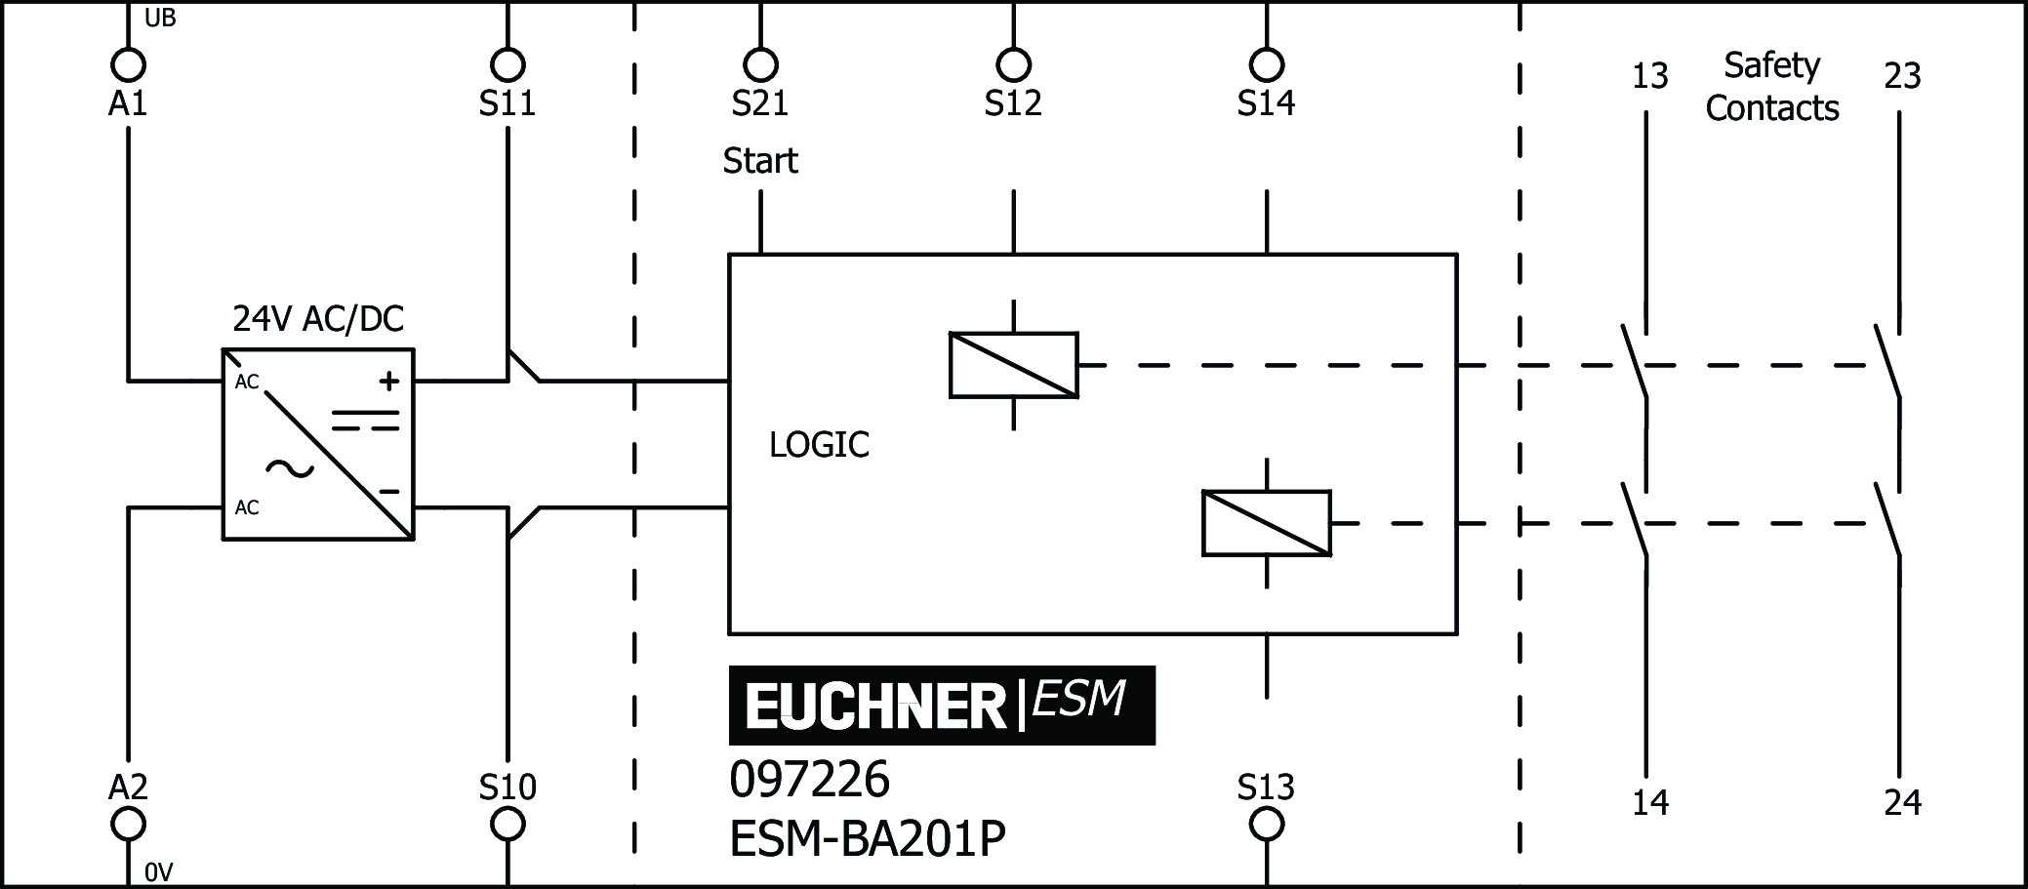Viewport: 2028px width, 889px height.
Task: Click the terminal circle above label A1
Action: [x=127, y=65]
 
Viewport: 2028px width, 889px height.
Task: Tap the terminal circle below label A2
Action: [x=127, y=825]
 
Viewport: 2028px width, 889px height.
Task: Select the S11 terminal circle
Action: [x=507, y=65]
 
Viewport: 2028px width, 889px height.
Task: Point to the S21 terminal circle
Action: [x=760, y=65]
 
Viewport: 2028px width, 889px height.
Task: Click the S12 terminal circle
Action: [x=1013, y=65]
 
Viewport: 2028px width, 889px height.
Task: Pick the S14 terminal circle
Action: [x=1267, y=65]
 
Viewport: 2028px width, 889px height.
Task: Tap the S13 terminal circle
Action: [x=1267, y=825]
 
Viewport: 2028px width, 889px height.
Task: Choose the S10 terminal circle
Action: [x=507, y=825]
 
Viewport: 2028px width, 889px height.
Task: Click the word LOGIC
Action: [x=819, y=445]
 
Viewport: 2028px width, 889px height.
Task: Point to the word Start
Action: [x=760, y=161]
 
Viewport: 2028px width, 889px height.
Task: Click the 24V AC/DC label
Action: [x=318, y=319]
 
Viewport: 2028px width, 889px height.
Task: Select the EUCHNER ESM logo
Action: [x=942, y=705]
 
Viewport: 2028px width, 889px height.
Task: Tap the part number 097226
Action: [x=809, y=781]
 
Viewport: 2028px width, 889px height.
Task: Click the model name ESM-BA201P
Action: [x=868, y=838]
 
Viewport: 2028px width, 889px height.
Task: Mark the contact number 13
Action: [x=1650, y=76]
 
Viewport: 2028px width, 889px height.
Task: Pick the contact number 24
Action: [x=1902, y=803]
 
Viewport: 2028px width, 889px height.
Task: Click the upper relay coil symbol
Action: [x=1013, y=365]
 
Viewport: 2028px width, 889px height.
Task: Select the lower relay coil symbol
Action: [x=1266, y=524]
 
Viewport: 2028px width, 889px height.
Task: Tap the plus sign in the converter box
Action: [x=389, y=382]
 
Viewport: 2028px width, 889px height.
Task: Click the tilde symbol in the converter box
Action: [x=290, y=469]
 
